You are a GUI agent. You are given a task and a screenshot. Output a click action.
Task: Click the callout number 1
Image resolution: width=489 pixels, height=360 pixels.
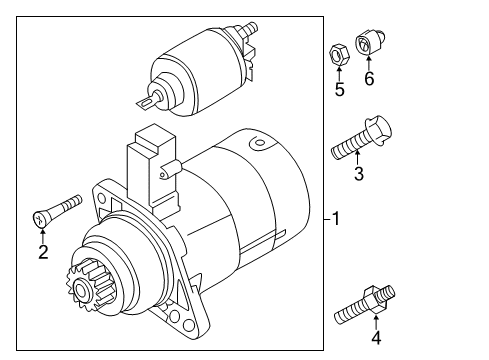tap(336, 219)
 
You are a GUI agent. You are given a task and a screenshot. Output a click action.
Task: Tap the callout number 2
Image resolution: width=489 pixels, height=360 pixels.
tap(43, 252)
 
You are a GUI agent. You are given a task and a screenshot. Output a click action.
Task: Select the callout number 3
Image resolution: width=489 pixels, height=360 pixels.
tap(359, 174)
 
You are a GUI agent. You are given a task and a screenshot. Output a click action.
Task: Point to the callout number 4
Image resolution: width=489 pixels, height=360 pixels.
tap(376, 338)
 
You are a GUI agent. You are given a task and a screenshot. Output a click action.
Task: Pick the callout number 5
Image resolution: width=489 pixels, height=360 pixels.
tap(339, 89)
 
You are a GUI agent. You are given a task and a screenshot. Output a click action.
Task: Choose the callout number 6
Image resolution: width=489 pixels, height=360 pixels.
tap(369, 79)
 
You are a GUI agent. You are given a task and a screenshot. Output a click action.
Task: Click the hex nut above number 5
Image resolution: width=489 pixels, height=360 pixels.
tap(339, 55)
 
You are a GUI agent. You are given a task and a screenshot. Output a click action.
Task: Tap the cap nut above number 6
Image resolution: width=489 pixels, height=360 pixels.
tap(371, 42)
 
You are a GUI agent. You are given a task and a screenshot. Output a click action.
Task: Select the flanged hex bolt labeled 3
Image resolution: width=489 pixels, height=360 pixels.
tap(361, 138)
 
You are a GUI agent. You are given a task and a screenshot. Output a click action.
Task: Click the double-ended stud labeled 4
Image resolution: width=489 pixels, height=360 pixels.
tap(365, 305)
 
